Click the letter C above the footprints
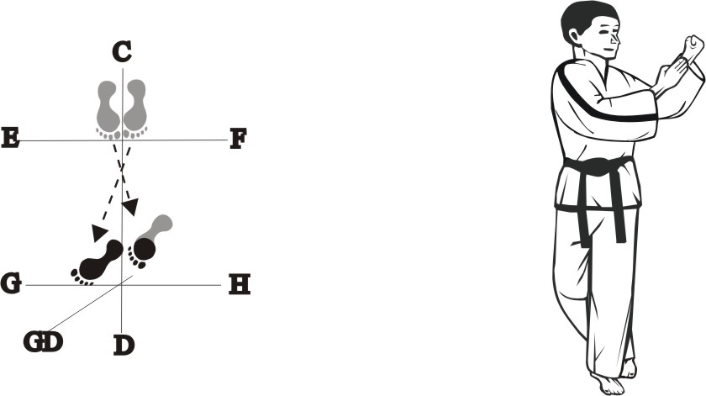point(123,53)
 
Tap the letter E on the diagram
point(11,138)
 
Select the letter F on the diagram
point(238,139)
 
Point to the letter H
point(240,285)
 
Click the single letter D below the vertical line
point(124,345)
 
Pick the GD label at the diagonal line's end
point(43,343)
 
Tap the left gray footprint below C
point(108,107)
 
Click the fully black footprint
point(98,260)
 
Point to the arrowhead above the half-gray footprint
point(131,206)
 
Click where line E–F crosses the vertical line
point(123,140)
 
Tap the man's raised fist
point(693,48)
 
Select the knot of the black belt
point(598,166)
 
